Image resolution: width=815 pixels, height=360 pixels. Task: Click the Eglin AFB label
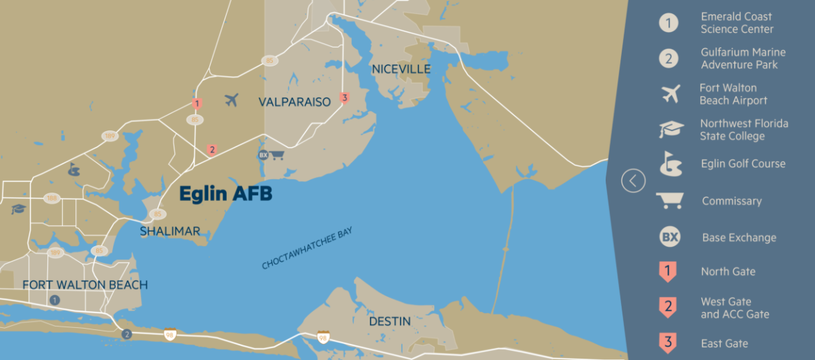(x=225, y=194)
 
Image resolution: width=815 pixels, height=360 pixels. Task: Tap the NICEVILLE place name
(x=401, y=69)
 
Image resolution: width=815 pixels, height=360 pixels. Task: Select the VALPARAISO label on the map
(x=294, y=102)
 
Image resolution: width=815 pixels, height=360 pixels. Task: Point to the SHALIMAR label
(x=170, y=231)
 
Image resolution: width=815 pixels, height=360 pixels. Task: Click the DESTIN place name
(x=390, y=322)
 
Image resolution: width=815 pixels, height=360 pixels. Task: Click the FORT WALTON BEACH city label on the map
(x=85, y=285)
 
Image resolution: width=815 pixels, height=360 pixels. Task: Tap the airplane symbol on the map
(x=232, y=100)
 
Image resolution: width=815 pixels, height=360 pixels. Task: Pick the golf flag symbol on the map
(x=73, y=169)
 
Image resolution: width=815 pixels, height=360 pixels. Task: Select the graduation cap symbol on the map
(x=17, y=209)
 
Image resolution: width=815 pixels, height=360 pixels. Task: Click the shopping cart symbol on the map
(x=278, y=155)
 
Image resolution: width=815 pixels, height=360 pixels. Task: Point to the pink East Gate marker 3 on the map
(x=344, y=98)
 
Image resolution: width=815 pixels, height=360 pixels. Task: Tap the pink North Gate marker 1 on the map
(x=197, y=105)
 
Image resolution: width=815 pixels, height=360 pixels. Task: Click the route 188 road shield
(x=51, y=199)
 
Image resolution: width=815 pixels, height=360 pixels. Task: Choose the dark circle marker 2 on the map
(x=126, y=334)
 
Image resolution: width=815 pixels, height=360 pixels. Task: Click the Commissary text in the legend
(x=731, y=201)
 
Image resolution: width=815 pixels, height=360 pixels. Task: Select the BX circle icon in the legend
(x=669, y=237)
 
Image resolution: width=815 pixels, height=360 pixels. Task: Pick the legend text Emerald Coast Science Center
(x=737, y=23)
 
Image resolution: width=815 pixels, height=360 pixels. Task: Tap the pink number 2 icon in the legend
(x=668, y=307)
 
